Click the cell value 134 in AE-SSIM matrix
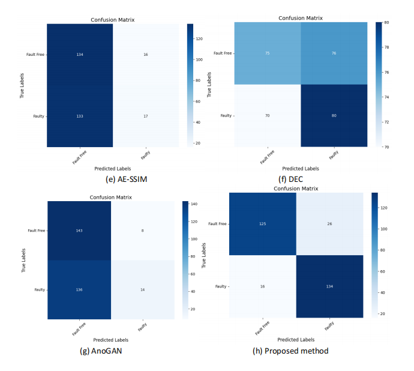[x=79, y=55]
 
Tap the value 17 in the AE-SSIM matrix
[x=145, y=116]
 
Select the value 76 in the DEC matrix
[x=333, y=53]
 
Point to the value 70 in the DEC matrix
[x=267, y=115]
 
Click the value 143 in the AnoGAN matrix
[x=79, y=229]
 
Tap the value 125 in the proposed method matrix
[x=263, y=224]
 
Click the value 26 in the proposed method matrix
[x=329, y=224]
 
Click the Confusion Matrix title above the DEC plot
[x=300, y=18]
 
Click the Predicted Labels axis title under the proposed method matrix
[x=296, y=340]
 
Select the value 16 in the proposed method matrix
[x=263, y=286]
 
